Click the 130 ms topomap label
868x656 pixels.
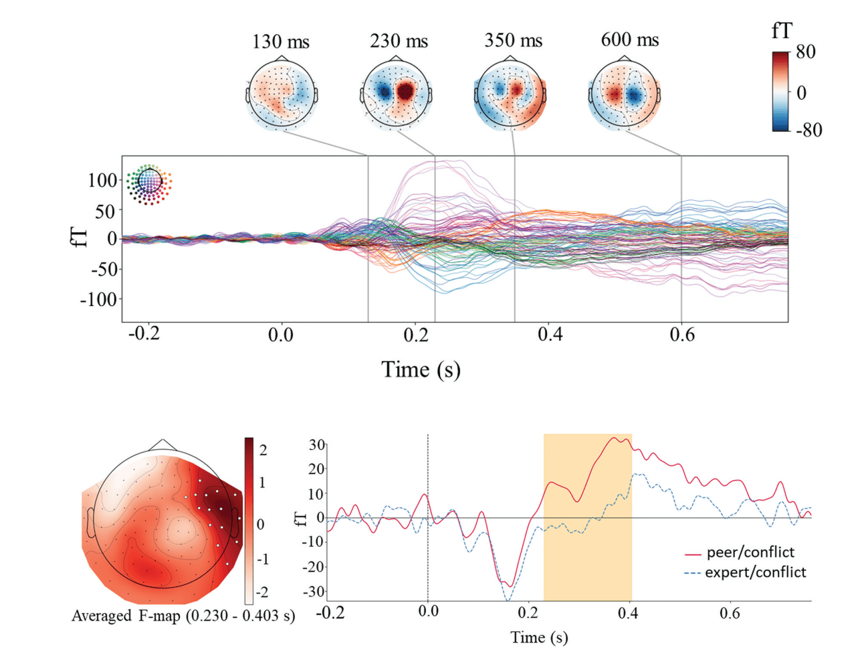click(x=280, y=42)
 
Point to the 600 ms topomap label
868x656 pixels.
click(x=629, y=39)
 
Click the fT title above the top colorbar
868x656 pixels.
click(x=782, y=30)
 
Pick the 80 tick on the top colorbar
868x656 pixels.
click(x=806, y=52)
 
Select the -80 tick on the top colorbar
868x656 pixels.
click(x=808, y=130)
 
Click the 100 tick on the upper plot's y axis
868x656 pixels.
click(x=102, y=180)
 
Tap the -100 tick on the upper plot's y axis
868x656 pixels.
click(x=99, y=299)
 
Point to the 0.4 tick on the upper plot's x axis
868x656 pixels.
click(x=550, y=334)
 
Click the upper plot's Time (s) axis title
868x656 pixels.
click(x=421, y=370)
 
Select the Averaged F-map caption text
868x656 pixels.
click(x=183, y=616)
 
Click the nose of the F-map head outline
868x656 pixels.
click(x=163, y=444)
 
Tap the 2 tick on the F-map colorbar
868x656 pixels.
click(x=263, y=450)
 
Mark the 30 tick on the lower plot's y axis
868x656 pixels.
click(x=316, y=444)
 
